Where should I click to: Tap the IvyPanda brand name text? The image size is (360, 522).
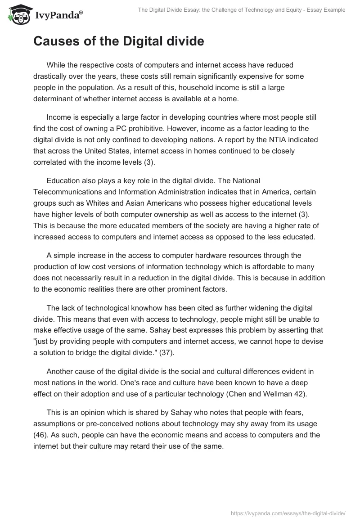pyautogui.click(x=58, y=15)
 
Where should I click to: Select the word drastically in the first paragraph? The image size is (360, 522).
pyautogui.click(x=53, y=76)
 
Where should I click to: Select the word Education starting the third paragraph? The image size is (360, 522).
pyautogui.click(x=63, y=181)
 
